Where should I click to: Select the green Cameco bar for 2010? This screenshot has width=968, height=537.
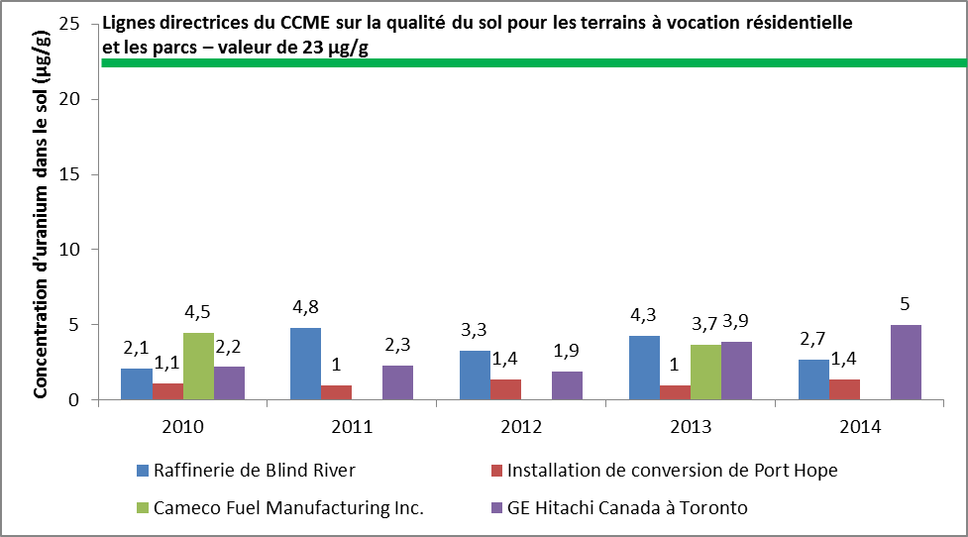coord(198,366)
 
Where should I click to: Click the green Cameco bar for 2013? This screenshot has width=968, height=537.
coord(705,372)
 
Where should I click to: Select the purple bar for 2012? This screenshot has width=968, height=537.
coord(568,385)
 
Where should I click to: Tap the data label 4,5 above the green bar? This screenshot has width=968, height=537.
coord(199,311)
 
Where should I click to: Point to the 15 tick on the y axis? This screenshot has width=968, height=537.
coord(82,174)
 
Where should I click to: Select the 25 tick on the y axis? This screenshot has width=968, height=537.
coord(82,24)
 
